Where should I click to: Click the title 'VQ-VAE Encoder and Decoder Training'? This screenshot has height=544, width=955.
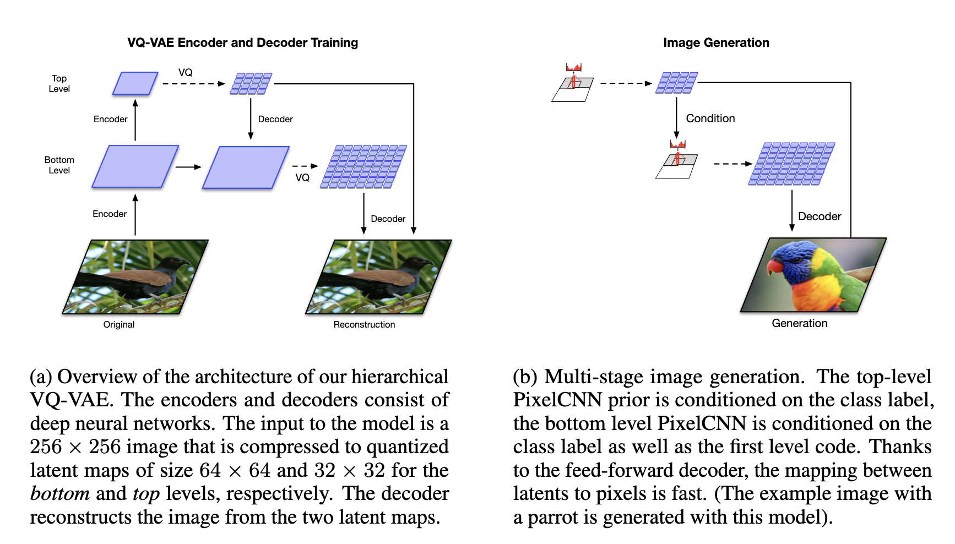pos(242,43)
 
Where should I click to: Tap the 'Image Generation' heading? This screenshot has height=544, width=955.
pos(716,43)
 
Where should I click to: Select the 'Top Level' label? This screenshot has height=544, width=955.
pos(59,84)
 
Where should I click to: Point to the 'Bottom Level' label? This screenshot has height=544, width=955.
pos(59,165)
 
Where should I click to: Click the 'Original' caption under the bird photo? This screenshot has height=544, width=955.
pos(119,325)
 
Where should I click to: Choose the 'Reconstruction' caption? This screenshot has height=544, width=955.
pos(364,325)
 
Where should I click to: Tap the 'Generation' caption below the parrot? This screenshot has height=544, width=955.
pos(799,324)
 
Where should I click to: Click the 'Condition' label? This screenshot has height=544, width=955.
pos(710,118)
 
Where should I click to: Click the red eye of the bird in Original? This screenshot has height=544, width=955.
pos(172,260)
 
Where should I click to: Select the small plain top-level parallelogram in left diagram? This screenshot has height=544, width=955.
pos(135,84)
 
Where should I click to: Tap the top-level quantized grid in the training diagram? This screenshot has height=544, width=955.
pos(251,84)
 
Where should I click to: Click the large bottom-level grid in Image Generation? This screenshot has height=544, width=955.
pos(791,164)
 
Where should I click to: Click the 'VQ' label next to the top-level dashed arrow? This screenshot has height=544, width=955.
pos(186,73)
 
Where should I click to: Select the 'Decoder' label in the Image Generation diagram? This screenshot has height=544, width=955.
pos(820,216)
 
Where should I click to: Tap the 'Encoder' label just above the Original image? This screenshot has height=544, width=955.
pos(110,214)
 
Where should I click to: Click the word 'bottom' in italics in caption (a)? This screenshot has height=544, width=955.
pos(59,494)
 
